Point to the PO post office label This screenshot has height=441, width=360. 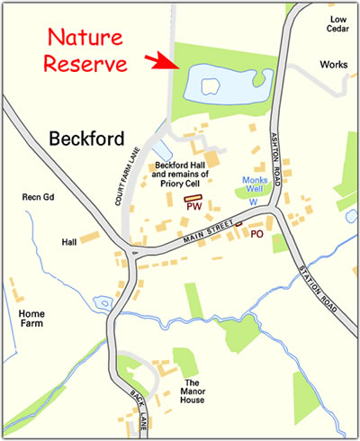pos(256,233)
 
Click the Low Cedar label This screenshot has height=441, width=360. pos(337,23)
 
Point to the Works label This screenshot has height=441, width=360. pos(334,65)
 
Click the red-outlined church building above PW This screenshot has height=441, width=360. pos(193,197)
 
